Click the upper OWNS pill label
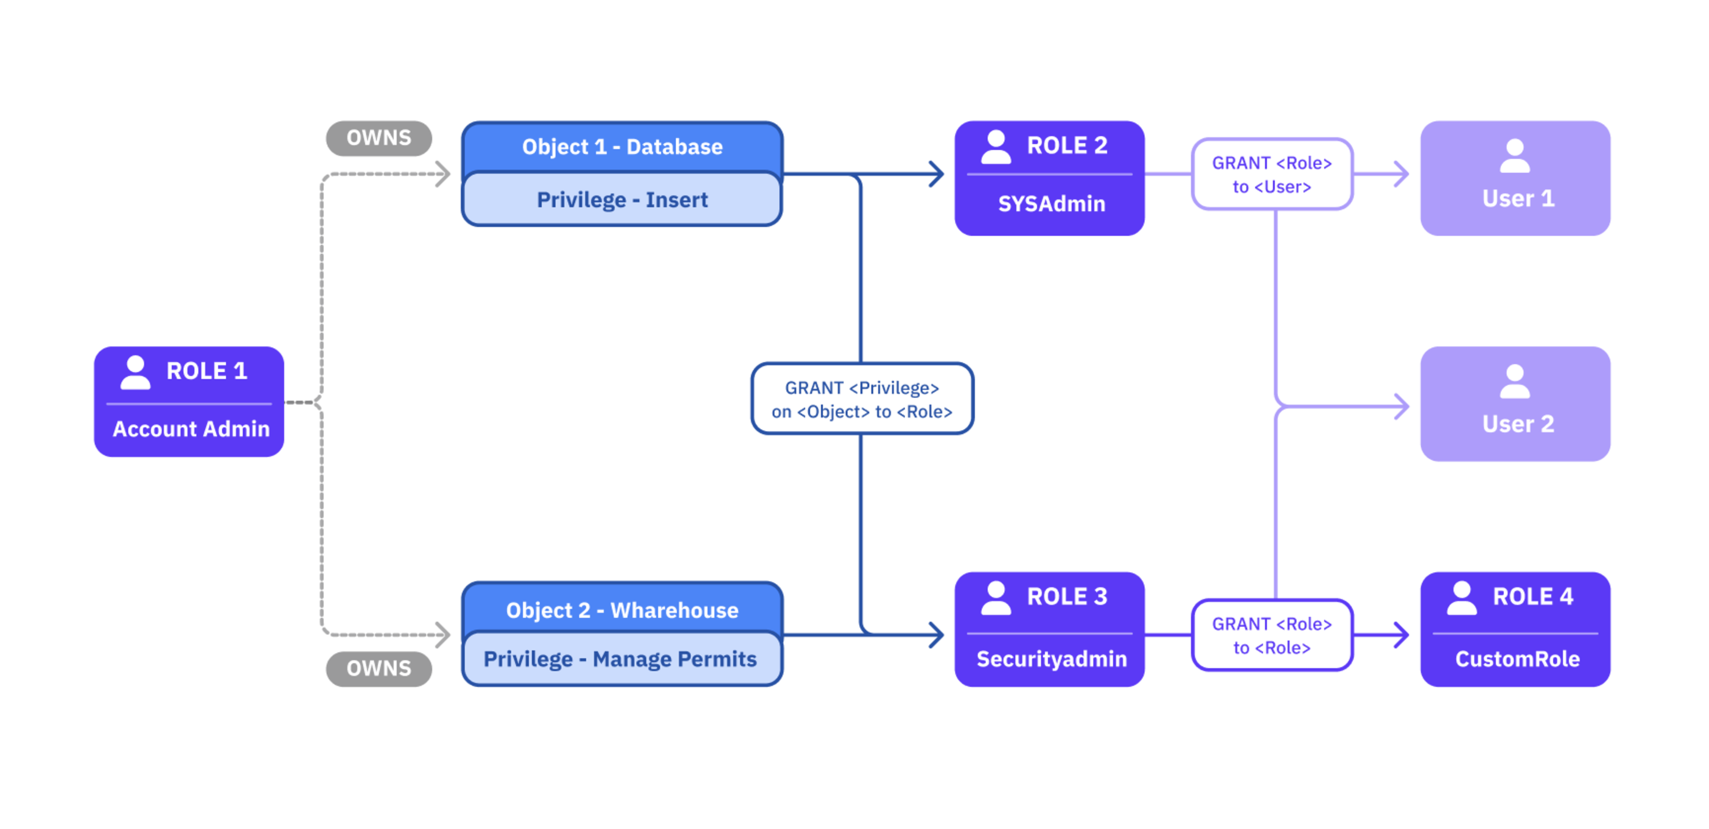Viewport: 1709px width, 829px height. click(379, 138)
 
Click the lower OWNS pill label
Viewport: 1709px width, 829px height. click(379, 668)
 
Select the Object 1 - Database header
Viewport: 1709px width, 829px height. click(621, 147)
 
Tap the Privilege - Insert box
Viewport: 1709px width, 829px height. click(621, 200)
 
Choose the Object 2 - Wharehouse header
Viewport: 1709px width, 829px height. click(621, 610)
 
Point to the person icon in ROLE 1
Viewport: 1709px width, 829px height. click(135, 373)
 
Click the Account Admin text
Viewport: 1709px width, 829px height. click(191, 428)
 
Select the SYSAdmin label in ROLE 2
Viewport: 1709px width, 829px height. click(1052, 204)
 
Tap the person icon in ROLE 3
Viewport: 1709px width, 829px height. click(996, 598)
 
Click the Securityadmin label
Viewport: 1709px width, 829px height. click(1052, 659)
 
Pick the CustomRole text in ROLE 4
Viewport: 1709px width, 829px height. click(1517, 659)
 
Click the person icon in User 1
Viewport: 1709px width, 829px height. click(1515, 156)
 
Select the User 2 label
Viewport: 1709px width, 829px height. click(1518, 424)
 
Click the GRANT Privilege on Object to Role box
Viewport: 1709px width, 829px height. click(862, 399)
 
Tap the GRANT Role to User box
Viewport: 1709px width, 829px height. click(1272, 175)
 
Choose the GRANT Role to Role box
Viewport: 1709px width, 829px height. click(1272, 636)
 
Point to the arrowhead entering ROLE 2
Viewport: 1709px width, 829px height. click(938, 174)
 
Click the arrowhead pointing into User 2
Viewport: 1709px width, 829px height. click(1402, 406)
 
